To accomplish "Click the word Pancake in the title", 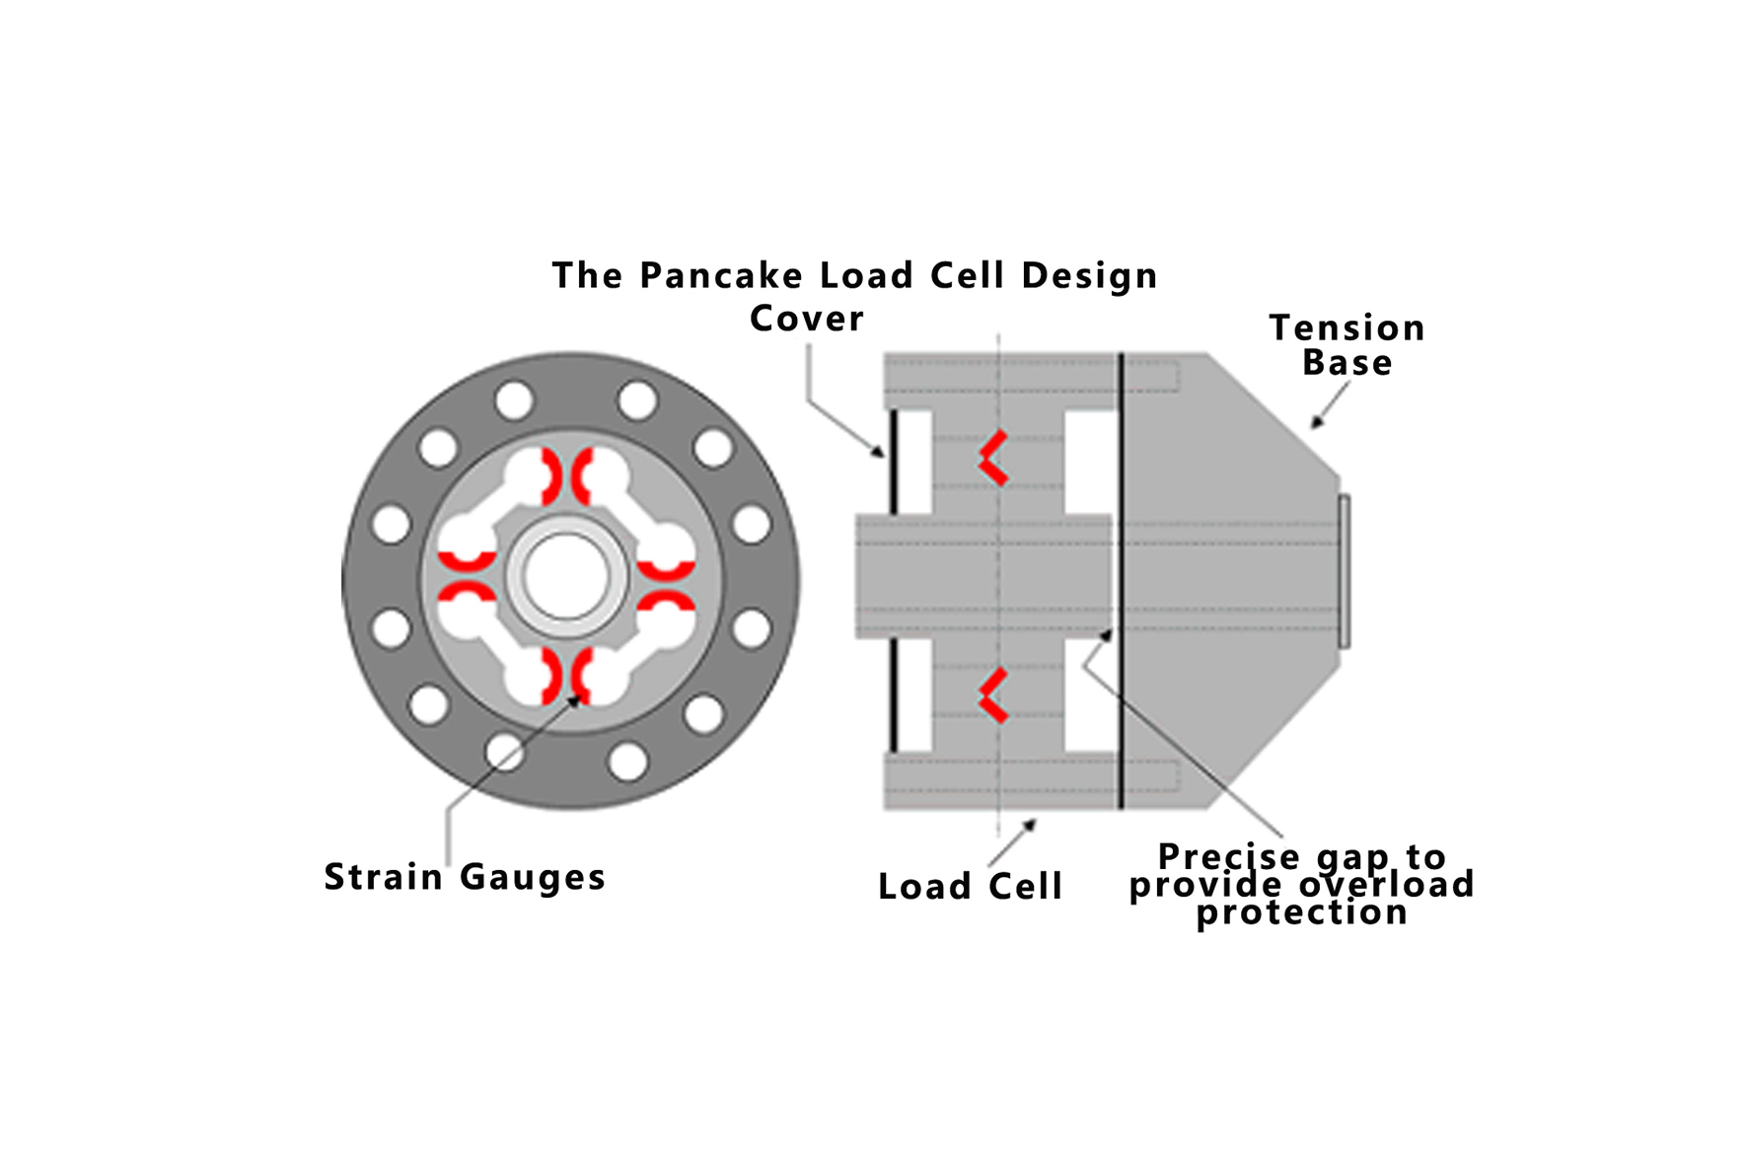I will (721, 276).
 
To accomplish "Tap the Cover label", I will (806, 319).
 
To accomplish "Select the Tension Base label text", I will (1347, 345).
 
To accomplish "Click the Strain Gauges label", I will (465, 877).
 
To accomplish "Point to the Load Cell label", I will (970, 887).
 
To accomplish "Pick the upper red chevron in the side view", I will (993, 458).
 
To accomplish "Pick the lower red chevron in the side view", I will (993, 695).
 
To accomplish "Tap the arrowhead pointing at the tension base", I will (1316, 422).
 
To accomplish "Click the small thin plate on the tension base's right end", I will (1344, 572).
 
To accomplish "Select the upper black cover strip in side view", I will (893, 462).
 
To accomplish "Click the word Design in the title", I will (1089, 276).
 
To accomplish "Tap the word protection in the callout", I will (1301, 912).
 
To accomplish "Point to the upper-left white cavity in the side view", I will (915, 462).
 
